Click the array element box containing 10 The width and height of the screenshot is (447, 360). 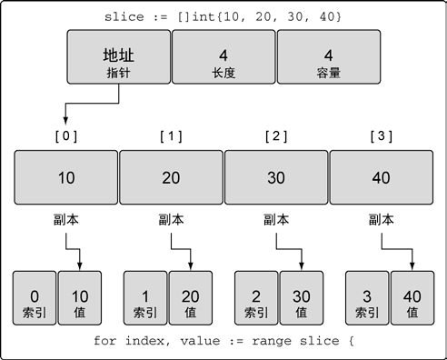[66, 177]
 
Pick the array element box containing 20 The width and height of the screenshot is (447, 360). [172, 177]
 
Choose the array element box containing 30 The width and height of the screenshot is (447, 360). [276, 177]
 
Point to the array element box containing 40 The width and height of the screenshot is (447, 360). [382, 177]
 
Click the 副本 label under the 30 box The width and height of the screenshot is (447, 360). [276, 220]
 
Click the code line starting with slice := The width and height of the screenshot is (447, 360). [223, 16]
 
